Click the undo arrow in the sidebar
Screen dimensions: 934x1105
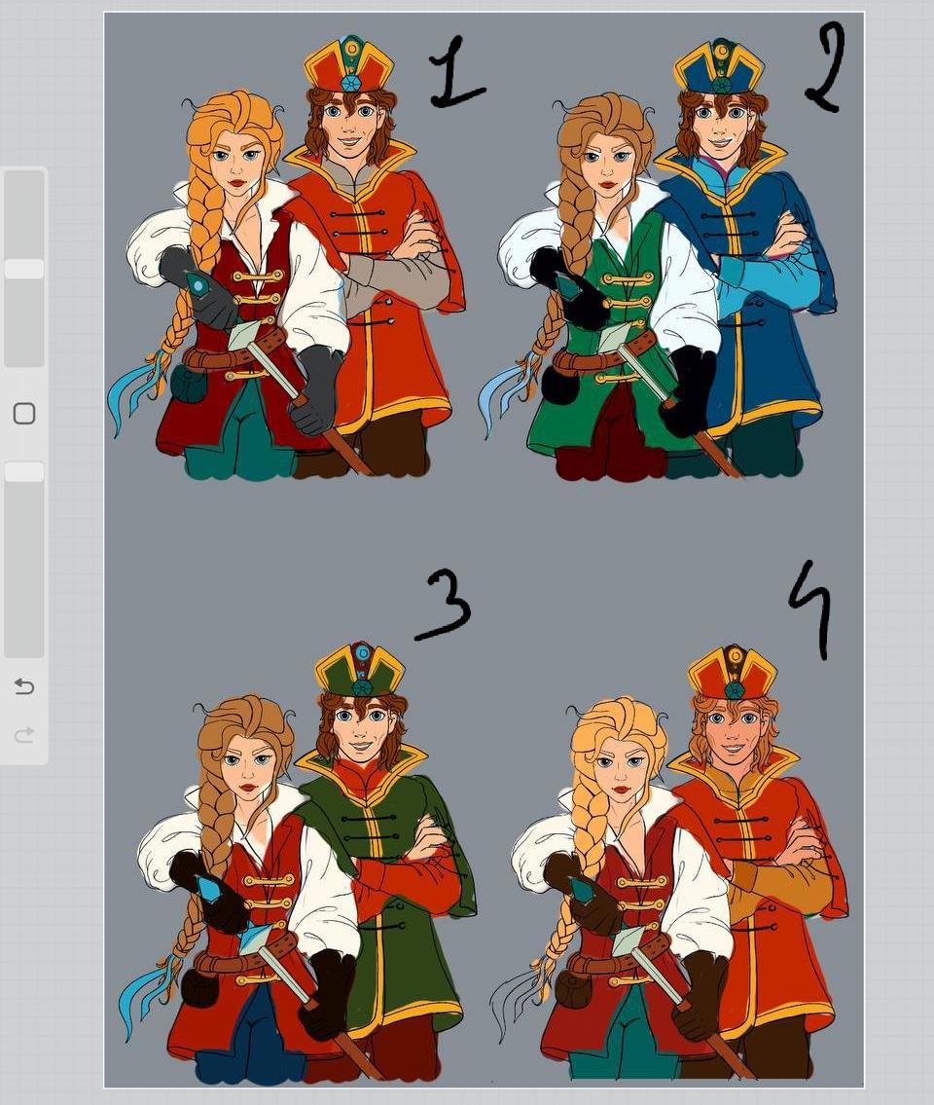(x=24, y=685)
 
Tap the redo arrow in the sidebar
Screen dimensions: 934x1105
(x=24, y=736)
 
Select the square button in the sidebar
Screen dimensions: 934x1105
(x=24, y=414)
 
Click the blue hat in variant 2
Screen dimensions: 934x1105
(x=719, y=69)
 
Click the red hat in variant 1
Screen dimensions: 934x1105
(x=349, y=65)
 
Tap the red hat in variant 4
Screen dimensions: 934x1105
(x=733, y=673)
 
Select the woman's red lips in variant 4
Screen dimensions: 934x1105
(x=621, y=790)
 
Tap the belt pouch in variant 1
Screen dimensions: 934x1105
(x=186, y=383)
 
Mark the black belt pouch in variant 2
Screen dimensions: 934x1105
(x=558, y=384)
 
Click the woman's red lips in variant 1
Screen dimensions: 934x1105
(x=236, y=182)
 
